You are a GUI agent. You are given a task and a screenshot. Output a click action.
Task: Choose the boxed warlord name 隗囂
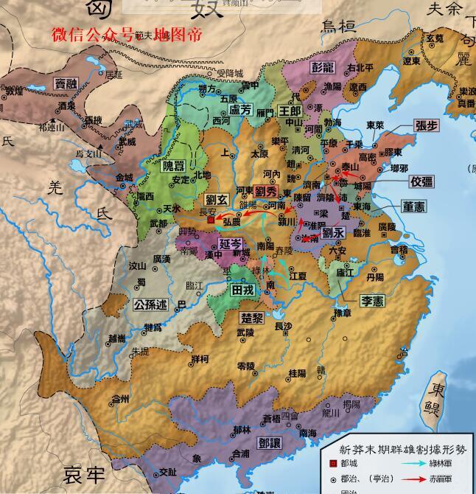coord(175,165)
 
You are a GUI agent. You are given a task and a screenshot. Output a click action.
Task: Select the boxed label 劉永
coord(333,232)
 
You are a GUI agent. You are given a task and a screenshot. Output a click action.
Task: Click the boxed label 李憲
coord(372,301)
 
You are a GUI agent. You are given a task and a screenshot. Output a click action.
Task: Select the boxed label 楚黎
coord(252,319)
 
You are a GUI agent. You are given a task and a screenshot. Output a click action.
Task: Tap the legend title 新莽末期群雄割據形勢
coord(399,448)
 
